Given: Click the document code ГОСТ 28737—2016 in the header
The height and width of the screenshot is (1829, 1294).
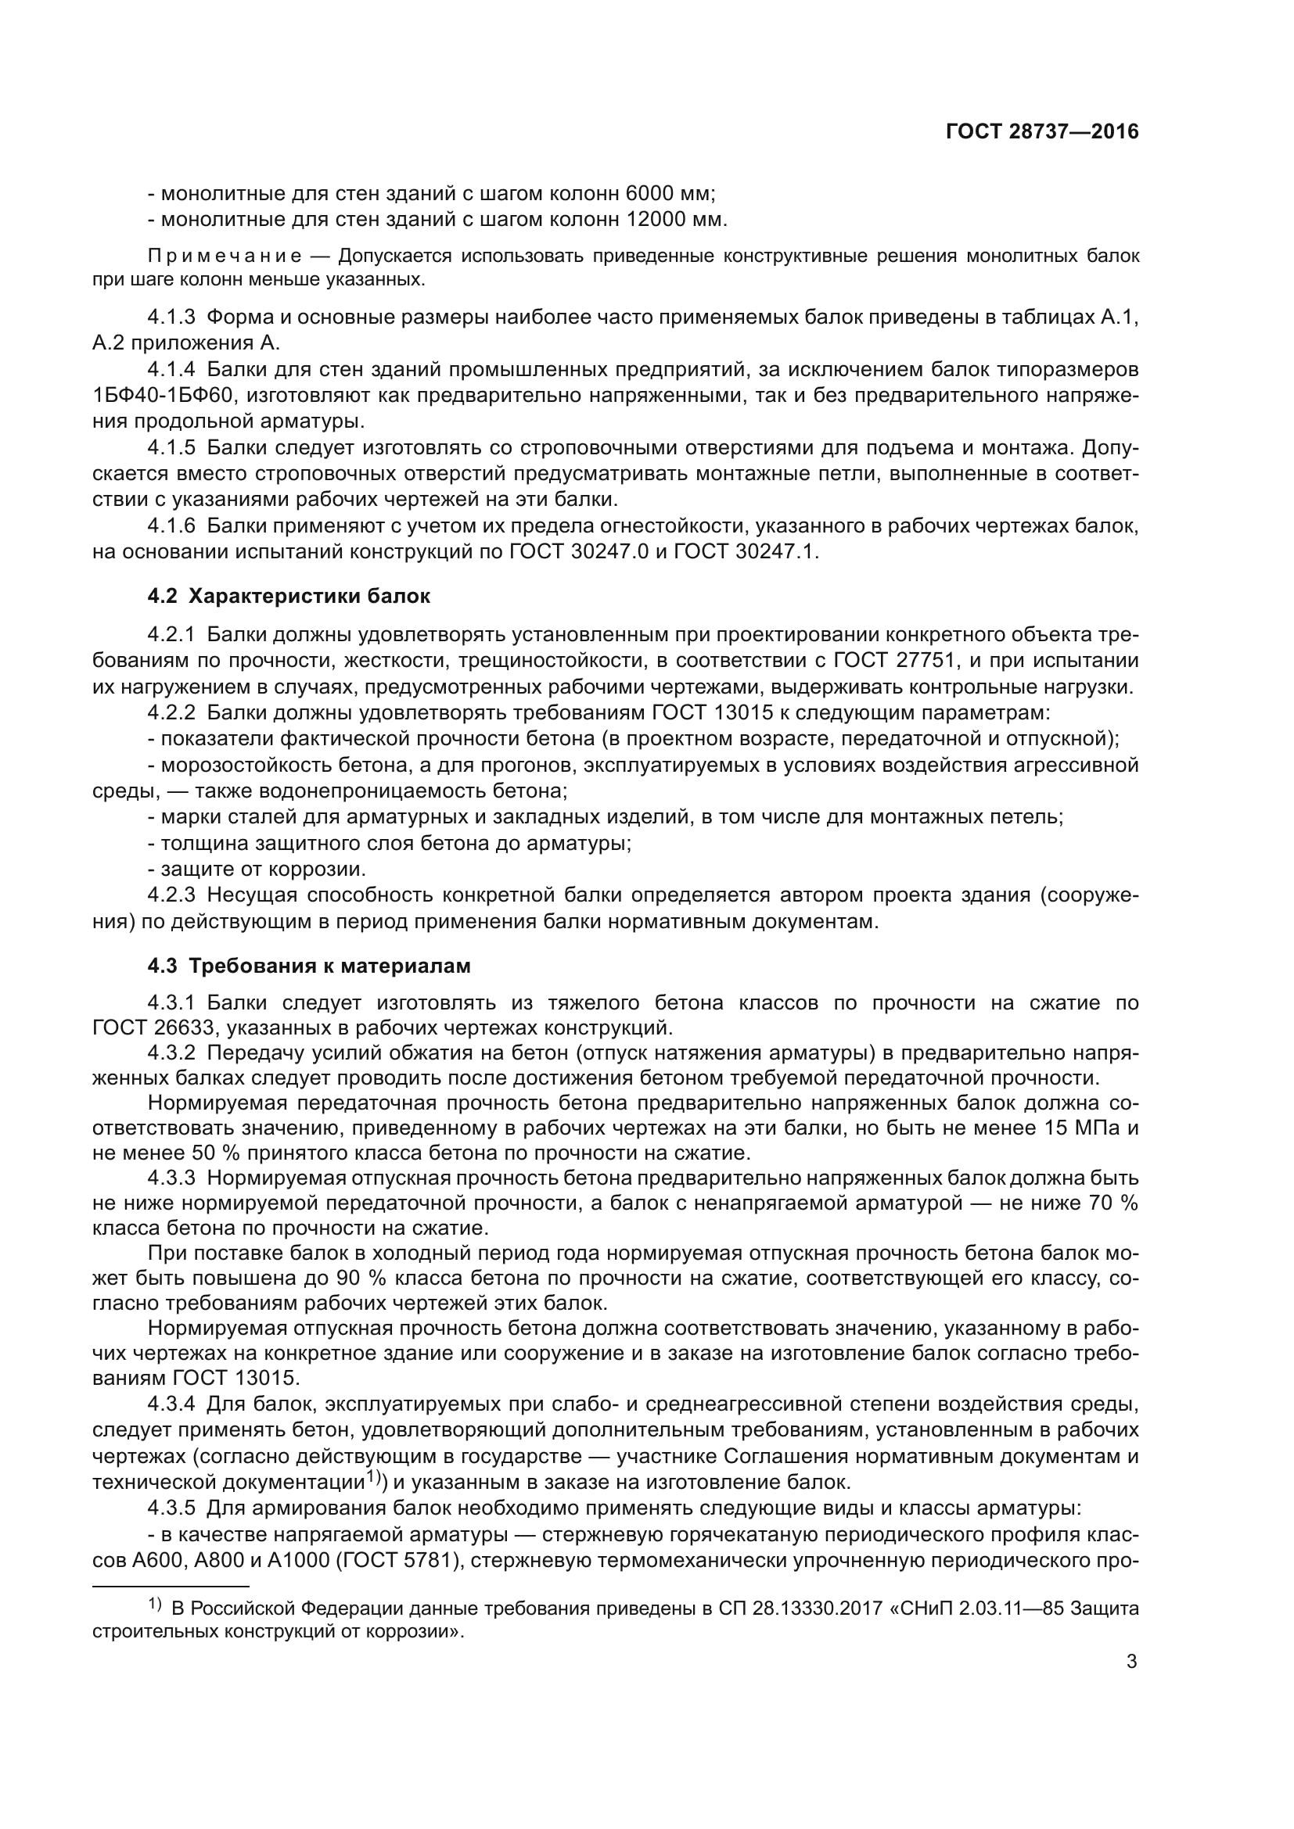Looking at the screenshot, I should (1042, 131).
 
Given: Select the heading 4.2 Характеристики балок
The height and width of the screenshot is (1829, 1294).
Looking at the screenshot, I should (289, 596).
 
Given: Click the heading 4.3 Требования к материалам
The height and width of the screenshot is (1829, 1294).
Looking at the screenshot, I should (308, 967).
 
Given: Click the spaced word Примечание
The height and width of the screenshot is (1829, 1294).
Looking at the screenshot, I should (225, 256).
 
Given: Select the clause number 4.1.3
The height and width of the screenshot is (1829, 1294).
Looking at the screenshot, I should (171, 317).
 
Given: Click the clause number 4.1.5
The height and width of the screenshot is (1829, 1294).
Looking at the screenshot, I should (171, 448).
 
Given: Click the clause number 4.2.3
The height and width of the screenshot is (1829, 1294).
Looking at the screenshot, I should (171, 895).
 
